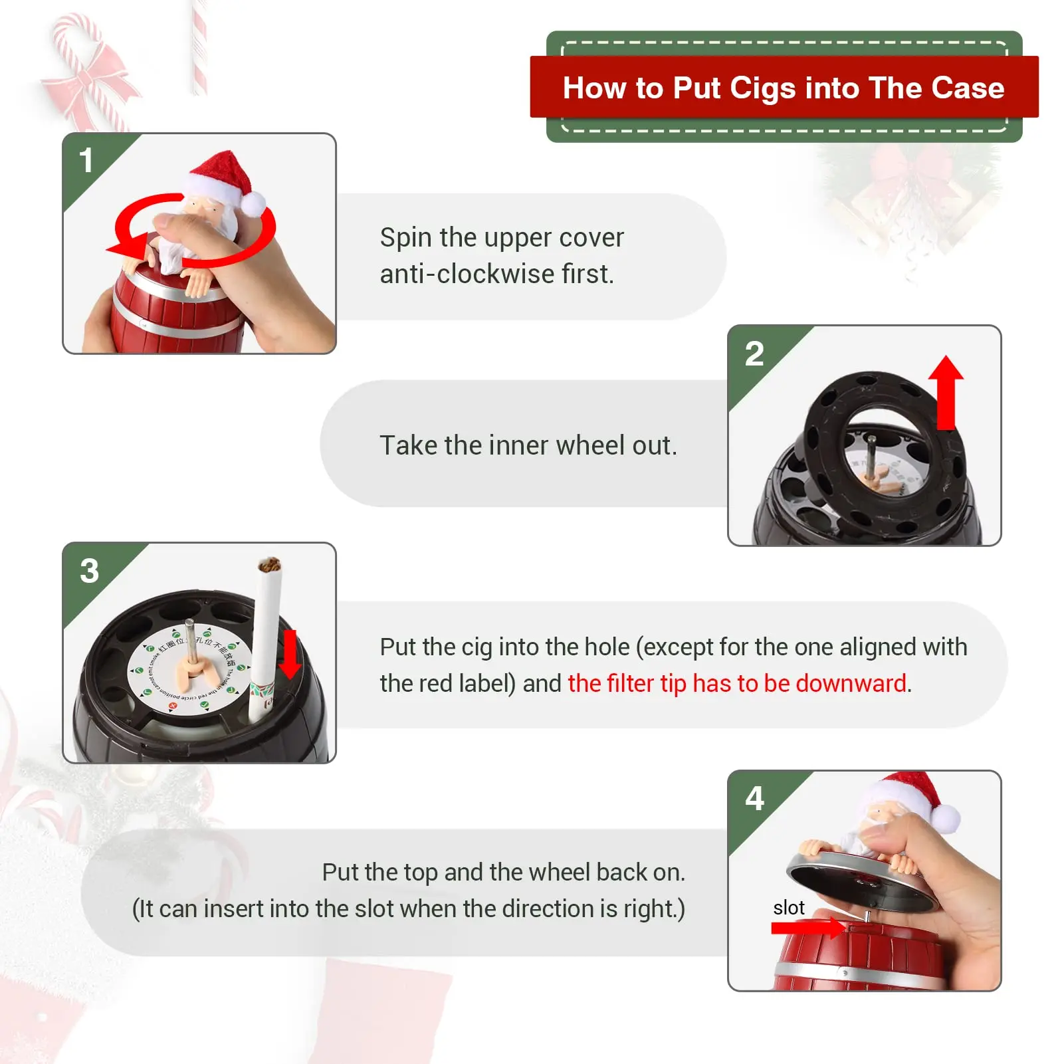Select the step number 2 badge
[x=754, y=353]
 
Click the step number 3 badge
[x=89, y=571]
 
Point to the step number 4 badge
[x=754, y=798]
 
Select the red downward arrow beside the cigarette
[x=290, y=655]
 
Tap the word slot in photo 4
[x=789, y=908]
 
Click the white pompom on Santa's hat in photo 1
[x=253, y=203]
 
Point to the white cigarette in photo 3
[x=265, y=638]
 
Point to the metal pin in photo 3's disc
[x=189, y=641]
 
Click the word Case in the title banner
[x=968, y=88]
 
